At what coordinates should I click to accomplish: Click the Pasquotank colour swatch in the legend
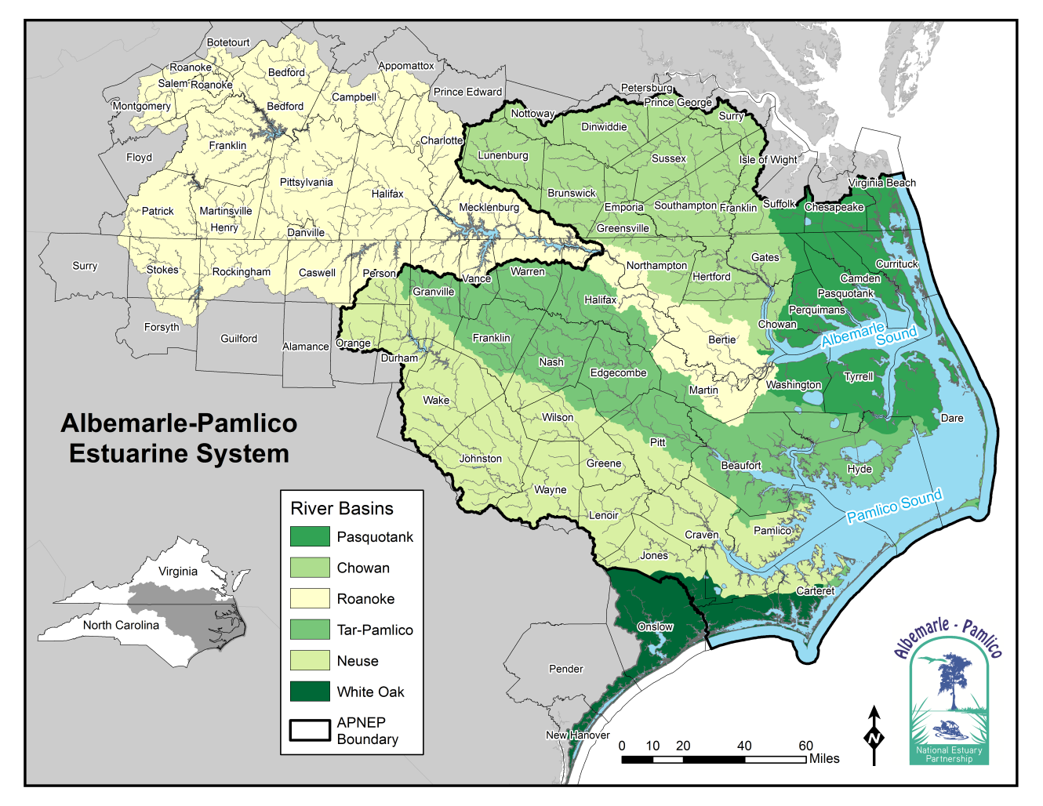tap(310, 536)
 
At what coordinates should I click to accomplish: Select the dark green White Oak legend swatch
tap(310, 692)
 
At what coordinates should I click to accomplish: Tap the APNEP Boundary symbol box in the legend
tap(310, 731)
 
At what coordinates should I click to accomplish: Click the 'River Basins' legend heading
tap(342, 509)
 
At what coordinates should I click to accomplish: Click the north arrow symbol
tap(874, 735)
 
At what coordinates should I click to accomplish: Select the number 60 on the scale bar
tap(805, 746)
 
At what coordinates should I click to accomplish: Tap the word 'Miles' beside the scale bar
tap(824, 759)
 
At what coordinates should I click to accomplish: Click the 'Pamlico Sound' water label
tap(894, 506)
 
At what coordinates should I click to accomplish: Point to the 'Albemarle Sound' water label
tap(869, 335)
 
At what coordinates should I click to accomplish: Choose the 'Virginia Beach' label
tap(881, 183)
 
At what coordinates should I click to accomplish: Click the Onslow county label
tap(655, 626)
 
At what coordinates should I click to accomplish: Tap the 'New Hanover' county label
tap(578, 735)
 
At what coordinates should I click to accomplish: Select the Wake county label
tap(436, 400)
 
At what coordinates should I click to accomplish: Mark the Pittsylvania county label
tap(306, 182)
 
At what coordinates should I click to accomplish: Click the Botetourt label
tap(228, 42)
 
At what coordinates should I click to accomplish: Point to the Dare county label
tap(952, 418)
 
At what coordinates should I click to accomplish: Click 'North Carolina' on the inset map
tap(121, 625)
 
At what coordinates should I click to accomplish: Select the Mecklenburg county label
tap(489, 207)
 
